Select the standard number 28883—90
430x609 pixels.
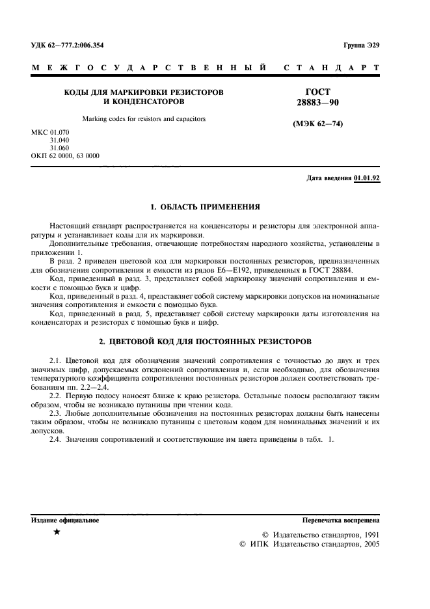pos(317,103)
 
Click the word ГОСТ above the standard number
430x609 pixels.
pos(317,92)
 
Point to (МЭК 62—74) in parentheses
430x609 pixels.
pos(317,124)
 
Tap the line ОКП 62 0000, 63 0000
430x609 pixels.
pos(66,156)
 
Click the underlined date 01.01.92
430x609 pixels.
pos(367,178)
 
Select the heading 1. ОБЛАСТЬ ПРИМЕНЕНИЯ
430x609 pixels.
pos(205,207)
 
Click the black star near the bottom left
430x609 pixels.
pos(57,533)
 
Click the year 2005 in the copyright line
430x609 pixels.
pos(369,544)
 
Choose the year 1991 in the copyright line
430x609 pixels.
pos(369,534)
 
